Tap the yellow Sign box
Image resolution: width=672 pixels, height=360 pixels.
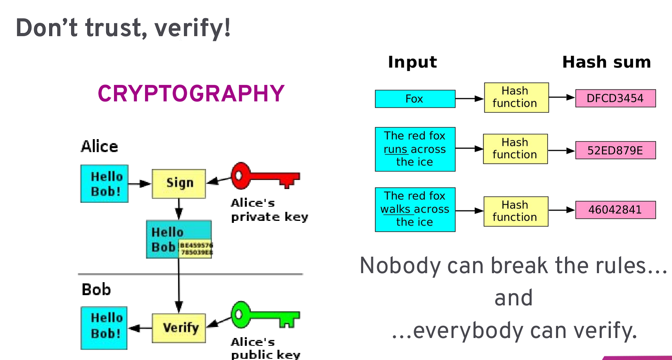(x=179, y=184)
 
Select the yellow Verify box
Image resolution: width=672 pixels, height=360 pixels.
(x=179, y=328)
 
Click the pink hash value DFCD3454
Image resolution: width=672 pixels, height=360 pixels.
(x=615, y=98)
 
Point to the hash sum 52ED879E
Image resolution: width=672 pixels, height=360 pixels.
(x=615, y=151)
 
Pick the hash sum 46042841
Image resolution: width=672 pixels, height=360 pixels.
(x=615, y=210)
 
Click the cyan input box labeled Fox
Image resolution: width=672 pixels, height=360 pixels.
(x=415, y=99)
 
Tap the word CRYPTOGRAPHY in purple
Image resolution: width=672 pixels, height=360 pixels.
(x=191, y=94)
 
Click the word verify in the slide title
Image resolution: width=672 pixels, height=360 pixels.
(x=192, y=28)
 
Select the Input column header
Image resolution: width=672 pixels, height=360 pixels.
(x=412, y=62)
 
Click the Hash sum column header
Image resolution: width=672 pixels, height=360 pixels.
(x=606, y=62)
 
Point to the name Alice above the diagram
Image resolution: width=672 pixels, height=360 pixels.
(x=99, y=147)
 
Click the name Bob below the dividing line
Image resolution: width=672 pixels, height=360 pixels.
(x=96, y=290)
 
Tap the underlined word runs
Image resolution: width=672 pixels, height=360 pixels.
(x=395, y=150)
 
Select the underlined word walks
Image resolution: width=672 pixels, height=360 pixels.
(x=395, y=209)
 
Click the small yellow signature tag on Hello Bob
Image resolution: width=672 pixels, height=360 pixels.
(x=196, y=249)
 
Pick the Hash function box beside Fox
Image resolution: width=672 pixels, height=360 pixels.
(x=516, y=97)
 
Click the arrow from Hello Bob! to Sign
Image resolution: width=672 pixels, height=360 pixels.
(x=140, y=184)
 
